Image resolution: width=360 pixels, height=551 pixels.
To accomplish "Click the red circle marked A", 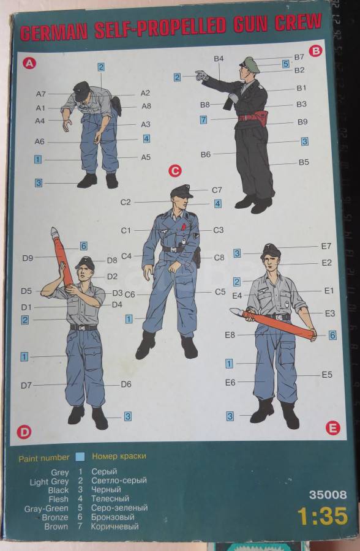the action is [x=29, y=63].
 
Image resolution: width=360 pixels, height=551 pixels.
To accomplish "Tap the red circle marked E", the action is [x=332, y=428].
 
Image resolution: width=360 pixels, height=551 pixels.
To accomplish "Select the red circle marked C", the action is [x=174, y=171].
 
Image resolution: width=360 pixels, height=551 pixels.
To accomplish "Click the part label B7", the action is [x=299, y=56].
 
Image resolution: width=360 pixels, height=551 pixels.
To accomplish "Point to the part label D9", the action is [x=28, y=258].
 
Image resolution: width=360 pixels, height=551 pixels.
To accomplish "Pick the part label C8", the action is [x=219, y=258].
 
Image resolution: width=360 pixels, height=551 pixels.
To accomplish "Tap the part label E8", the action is [x=230, y=335].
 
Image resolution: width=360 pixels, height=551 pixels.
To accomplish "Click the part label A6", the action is [x=39, y=141].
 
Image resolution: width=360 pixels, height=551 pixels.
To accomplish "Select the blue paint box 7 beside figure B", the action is [x=203, y=119].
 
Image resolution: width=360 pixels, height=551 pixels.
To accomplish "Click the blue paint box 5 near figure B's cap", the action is [x=285, y=64].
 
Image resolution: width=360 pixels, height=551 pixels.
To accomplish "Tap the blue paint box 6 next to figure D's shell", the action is [x=83, y=246].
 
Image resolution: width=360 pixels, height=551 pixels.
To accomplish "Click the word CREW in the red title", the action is [x=298, y=23].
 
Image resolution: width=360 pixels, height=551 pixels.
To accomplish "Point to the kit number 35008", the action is [x=328, y=495].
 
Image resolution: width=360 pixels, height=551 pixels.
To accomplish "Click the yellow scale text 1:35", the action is [x=323, y=516].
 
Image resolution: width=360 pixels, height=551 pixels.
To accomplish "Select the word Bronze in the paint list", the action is [x=55, y=517].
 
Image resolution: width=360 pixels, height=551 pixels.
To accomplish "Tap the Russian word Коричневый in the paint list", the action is [x=114, y=527].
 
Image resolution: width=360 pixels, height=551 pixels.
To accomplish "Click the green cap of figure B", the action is [x=250, y=64].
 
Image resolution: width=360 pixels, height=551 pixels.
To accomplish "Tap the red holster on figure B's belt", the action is [x=261, y=118].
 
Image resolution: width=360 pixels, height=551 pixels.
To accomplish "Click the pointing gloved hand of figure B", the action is [x=202, y=75].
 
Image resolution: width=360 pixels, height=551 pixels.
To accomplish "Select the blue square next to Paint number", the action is [x=80, y=457].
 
